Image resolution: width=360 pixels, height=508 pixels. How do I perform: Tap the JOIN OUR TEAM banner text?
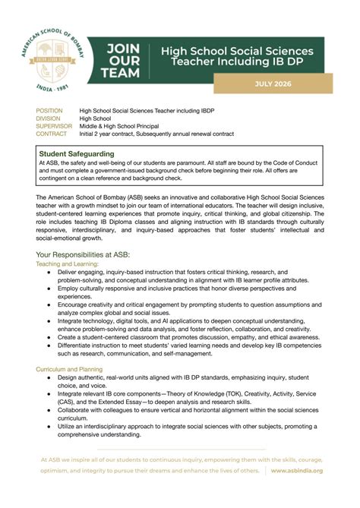click(x=123, y=61)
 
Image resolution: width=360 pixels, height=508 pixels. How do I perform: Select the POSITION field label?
click(x=50, y=111)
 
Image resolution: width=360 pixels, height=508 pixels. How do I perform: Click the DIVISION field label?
click(x=49, y=118)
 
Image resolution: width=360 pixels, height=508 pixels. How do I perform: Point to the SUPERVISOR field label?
click(x=54, y=126)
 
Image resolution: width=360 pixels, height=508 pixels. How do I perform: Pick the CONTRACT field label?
click(x=52, y=134)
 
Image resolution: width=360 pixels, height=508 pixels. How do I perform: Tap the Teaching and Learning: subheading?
click(x=67, y=263)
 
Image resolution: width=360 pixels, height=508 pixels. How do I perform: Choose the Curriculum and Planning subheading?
click(x=69, y=368)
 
